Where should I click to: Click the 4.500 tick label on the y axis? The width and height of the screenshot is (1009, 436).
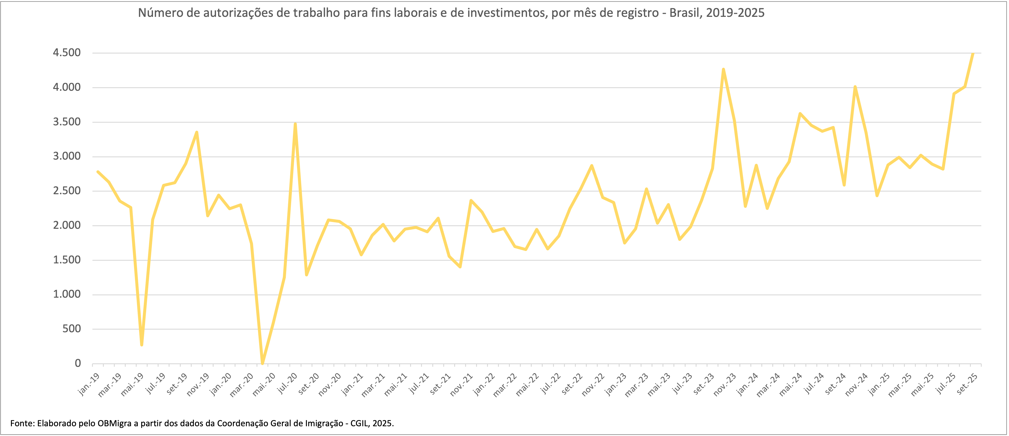[67, 53]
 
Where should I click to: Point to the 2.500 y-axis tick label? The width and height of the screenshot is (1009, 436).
[67, 191]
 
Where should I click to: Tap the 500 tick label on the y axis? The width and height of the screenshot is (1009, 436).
[72, 329]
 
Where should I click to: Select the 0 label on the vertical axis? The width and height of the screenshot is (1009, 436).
[78, 363]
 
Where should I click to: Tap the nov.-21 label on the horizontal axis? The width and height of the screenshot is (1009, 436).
[461, 385]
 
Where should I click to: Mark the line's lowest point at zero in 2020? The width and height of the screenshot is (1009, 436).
[262, 363]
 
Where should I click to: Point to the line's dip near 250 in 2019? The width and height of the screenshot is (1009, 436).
[142, 345]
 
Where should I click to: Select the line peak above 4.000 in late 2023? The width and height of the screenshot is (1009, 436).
[723, 69]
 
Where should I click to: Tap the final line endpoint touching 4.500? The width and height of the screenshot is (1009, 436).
[973, 54]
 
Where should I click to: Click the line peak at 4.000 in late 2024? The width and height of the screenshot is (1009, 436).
[855, 87]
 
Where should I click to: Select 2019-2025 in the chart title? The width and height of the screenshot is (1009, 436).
[736, 13]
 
